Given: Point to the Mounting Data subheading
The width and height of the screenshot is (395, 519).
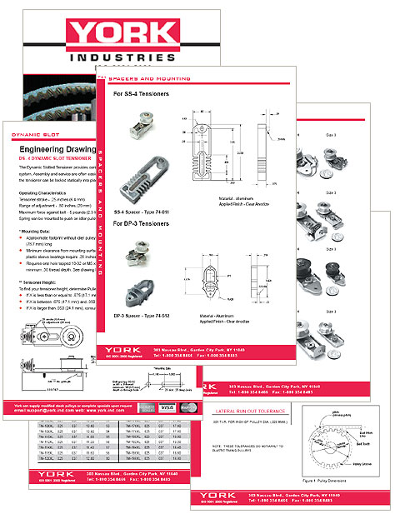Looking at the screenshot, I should click(x=37, y=229).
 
